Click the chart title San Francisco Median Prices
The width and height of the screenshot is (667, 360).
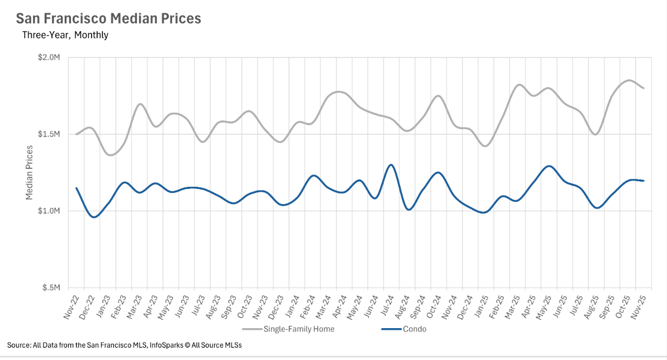point(108,18)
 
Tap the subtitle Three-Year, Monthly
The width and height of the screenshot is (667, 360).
point(65,35)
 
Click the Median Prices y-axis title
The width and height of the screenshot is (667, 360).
point(30,173)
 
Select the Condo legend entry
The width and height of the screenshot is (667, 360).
point(415,329)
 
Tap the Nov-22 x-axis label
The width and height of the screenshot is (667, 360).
point(72,305)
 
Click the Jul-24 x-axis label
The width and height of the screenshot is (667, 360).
point(387,305)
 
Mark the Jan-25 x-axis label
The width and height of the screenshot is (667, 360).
point(482,305)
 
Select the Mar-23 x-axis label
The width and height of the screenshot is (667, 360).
point(135,305)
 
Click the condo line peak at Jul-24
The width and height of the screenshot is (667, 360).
point(391,165)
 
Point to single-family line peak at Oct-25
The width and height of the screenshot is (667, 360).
point(629,80)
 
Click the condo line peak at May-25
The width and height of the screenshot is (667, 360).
point(549,166)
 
